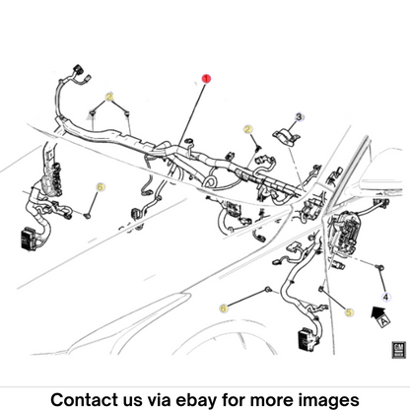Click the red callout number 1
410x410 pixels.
pos(206,79)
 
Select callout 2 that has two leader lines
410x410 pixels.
pos(109,97)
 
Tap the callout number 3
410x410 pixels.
pos(299,117)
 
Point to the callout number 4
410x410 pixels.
pos(385,298)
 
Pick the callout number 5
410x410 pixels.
pos(349,312)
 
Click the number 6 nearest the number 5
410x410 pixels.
pos(224,308)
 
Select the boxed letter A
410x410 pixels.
pos(383,320)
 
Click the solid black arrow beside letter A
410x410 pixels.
pos(376,312)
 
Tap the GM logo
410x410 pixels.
pos(398,350)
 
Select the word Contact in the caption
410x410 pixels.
pos(84,400)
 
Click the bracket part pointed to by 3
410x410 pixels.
pos(286,136)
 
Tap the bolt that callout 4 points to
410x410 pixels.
pos(380,267)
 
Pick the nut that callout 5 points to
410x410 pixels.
pos(321,289)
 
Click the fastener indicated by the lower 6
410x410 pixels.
pos(268,290)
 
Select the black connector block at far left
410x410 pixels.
pos(28,239)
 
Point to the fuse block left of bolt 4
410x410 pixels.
pos(344,234)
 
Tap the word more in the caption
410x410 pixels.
pos(272,400)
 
